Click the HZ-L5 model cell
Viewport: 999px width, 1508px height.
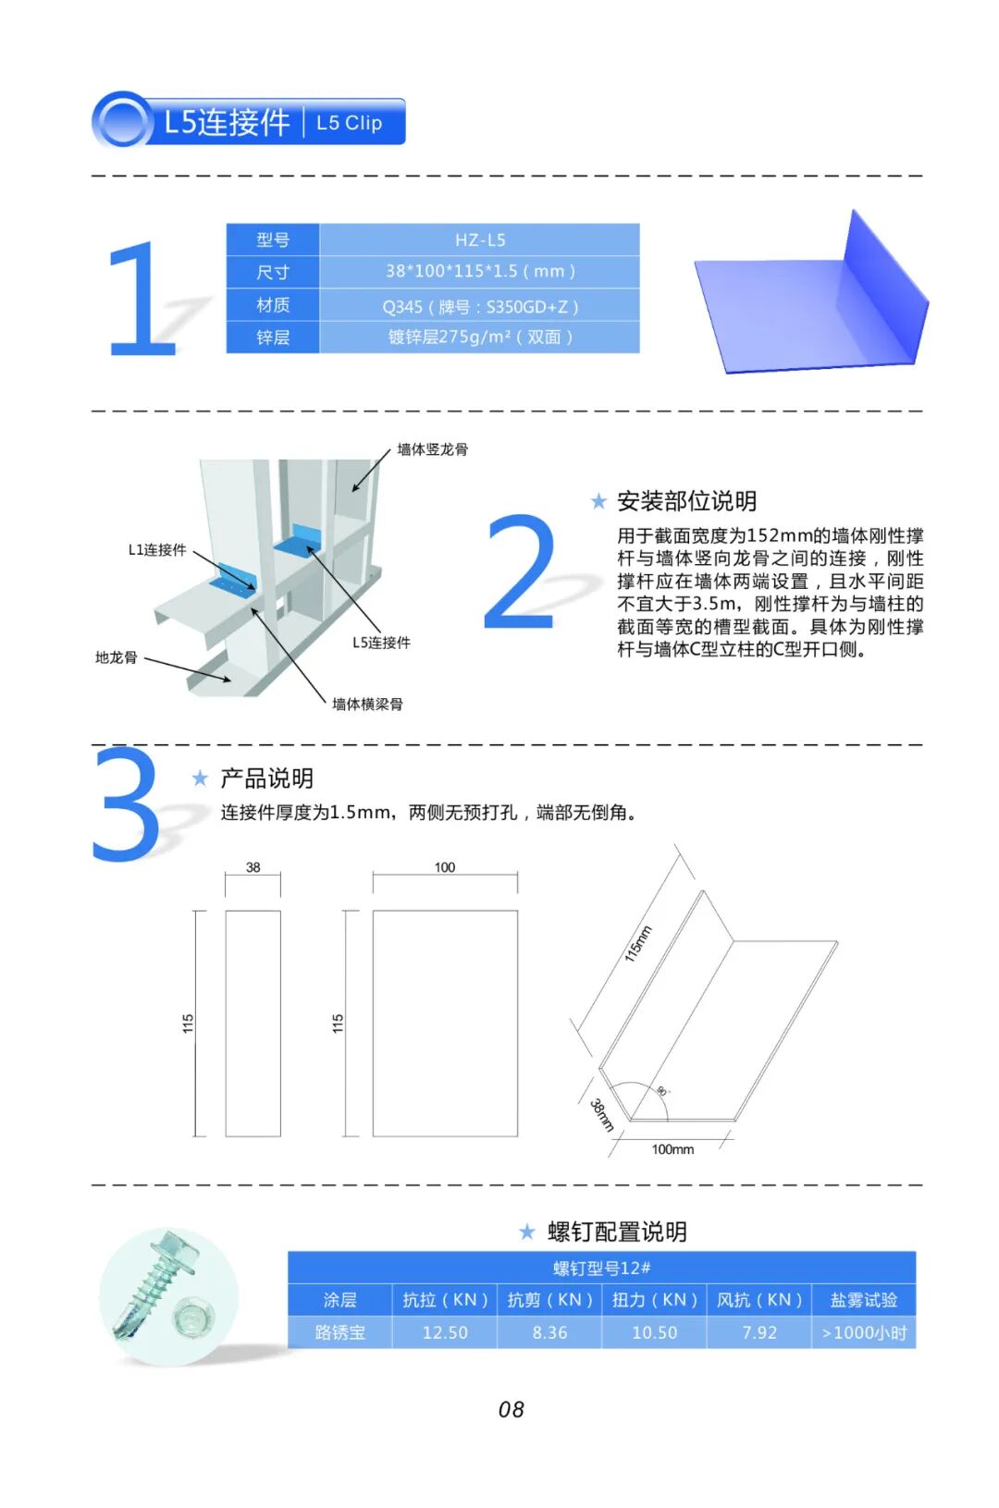[x=480, y=239]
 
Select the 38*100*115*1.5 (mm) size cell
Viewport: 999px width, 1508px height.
[x=480, y=271]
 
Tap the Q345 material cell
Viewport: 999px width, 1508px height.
[x=480, y=306]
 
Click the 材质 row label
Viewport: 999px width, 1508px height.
[x=273, y=306]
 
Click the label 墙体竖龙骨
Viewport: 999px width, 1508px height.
[x=433, y=449]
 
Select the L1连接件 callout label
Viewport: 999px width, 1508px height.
[x=157, y=550]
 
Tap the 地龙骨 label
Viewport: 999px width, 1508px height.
[x=117, y=657]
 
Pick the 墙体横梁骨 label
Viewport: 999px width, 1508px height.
[x=367, y=705]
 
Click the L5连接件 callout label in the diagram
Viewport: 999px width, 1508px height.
[x=381, y=643]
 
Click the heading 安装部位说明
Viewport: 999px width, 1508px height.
[x=686, y=501]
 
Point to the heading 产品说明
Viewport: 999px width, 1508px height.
[x=266, y=779]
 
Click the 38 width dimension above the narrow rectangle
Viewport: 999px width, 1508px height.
[x=253, y=867]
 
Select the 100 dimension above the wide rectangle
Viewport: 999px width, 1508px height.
[x=445, y=867]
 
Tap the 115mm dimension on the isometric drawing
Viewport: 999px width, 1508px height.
[x=637, y=943]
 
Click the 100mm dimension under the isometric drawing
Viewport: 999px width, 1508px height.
[x=672, y=1149]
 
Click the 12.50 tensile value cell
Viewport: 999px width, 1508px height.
[x=445, y=1332]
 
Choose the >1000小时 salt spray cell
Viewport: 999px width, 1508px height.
[x=864, y=1332]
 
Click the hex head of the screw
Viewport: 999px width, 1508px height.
[x=172, y=1250]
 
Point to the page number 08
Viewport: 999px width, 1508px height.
[x=512, y=1409]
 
